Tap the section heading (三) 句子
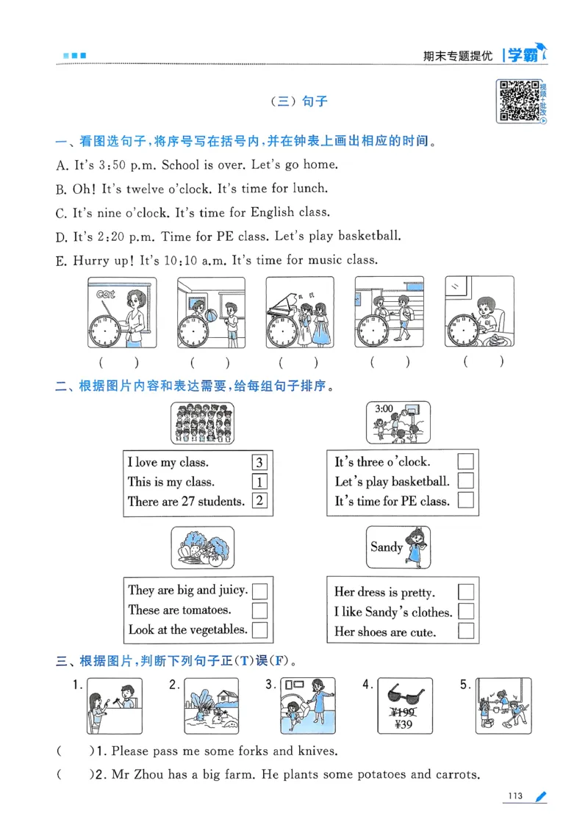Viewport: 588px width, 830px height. pyautogui.click(x=299, y=102)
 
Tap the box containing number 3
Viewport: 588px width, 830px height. pyautogui.click(x=259, y=463)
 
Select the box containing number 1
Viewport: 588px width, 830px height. pyautogui.click(x=259, y=483)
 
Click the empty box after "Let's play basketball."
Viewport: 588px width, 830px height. pyautogui.click(x=465, y=481)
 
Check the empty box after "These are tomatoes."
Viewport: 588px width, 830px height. pyautogui.click(x=259, y=610)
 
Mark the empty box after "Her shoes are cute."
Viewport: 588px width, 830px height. pyautogui.click(x=465, y=631)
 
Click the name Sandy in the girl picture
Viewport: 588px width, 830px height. pyautogui.click(x=386, y=546)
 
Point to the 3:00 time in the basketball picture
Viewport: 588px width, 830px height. pyautogui.click(x=384, y=409)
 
